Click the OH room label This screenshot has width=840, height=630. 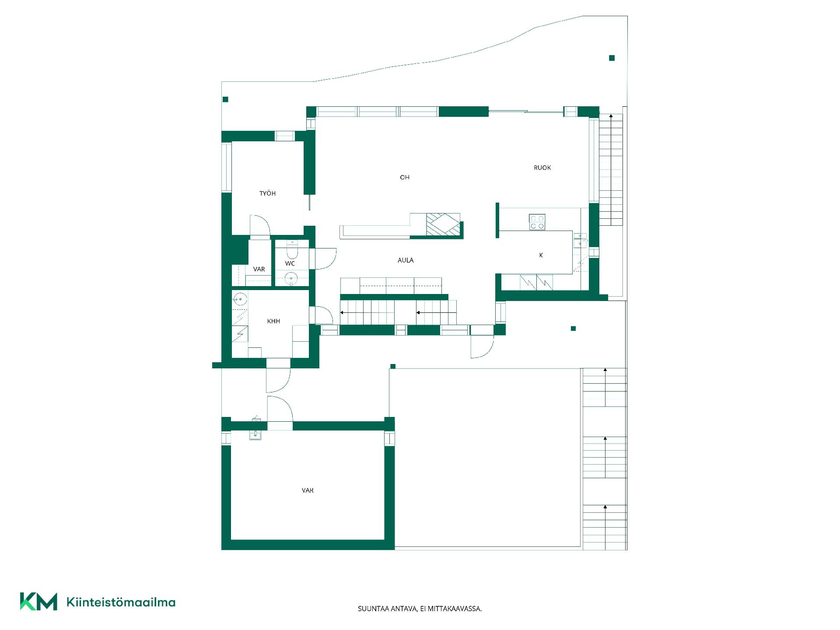[405, 177]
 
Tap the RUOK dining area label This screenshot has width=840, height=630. [542, 168]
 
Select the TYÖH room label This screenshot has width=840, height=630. [267, 193]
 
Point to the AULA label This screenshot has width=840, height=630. [406, 260]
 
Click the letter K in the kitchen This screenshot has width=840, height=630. [541, 255]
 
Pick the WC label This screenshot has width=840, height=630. [290, 263]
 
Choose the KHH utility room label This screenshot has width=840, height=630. [273, 321]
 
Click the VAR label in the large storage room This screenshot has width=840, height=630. [308, 490]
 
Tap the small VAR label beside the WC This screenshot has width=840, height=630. [259, 269]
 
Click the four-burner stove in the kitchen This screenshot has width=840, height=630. [537, 222]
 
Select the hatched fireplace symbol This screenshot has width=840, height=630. [443, 225]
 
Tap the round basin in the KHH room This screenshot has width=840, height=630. [240, 299]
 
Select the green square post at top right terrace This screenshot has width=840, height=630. [612, 58]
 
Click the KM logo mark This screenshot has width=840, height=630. [38, 602]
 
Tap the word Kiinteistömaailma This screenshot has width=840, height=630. [121, 602]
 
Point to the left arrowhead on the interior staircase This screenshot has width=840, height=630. [342, 313]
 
